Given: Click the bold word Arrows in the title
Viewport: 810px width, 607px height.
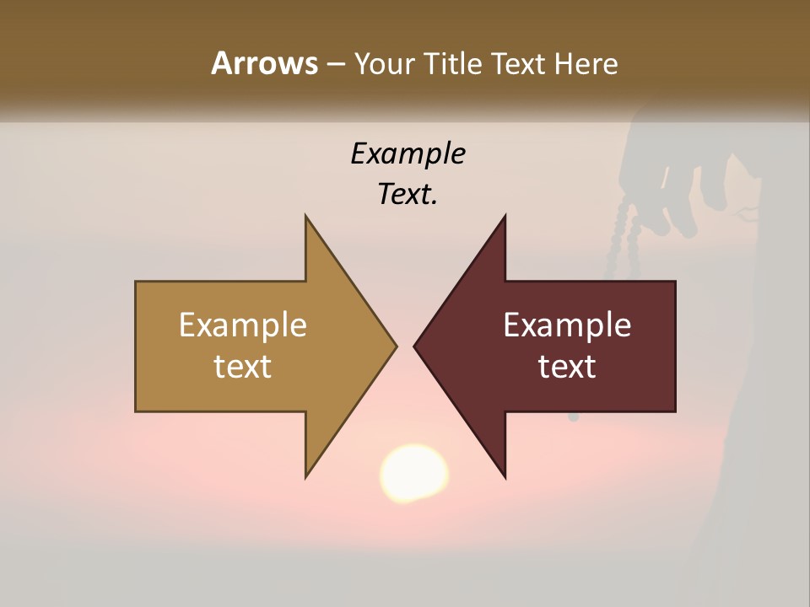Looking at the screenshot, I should (x=264, y=63).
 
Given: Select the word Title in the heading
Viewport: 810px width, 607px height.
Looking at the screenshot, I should (x=454, y=63).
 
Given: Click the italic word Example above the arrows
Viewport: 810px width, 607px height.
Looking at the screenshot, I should (x=408, y=153).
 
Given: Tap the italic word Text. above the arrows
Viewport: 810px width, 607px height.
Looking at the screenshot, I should (x=408, y=194).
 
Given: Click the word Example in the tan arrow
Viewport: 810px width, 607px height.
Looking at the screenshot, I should (x=242, y=325).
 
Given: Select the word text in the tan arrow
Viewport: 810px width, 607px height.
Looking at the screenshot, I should (x=242, y=366).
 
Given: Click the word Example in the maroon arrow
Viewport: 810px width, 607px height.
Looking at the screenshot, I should (x=567, y=325).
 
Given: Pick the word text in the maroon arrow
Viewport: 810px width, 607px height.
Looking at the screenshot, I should (x=567, y=366).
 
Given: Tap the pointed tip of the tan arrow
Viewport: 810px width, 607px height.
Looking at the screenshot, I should (x=395, y=346).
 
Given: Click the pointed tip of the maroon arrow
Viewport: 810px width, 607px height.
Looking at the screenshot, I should (x=415, y=346).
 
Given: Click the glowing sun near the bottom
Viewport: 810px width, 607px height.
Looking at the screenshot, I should (x=413, y=474).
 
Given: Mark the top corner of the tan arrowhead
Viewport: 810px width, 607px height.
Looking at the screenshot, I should (x=306, y=217).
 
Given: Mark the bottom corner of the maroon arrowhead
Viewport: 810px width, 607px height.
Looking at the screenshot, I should (x=505, y=477).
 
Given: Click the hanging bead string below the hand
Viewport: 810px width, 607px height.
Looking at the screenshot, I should (x=624, y=236).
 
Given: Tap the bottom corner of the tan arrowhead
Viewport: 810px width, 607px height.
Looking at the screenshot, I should (x=306, y=476).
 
